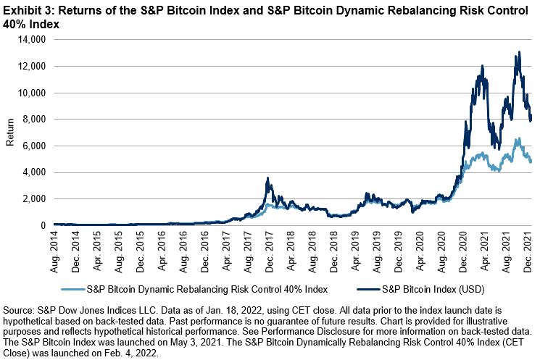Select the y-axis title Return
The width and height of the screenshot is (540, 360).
point(9,133)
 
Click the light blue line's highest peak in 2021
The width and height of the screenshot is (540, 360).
point(518,139)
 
